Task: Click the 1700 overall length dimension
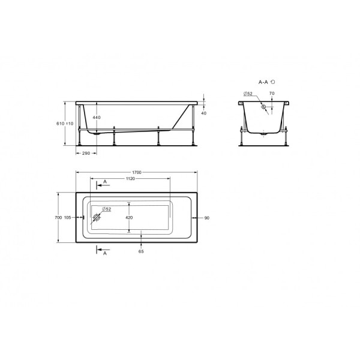pos(137,172)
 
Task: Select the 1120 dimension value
pos(130,179)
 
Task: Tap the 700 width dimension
pos(58,217)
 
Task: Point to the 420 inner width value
pos(129,217)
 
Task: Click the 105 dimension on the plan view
pos(67,217)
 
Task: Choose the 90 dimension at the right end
pos(207,218)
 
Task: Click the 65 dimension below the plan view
pos(141,251)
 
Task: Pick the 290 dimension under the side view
pos(86,153)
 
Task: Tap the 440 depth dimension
pos(97,118)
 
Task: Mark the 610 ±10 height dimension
pos(65,124)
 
